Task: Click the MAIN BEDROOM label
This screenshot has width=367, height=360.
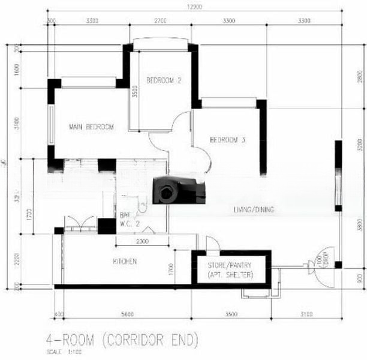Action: (x=91, y=127)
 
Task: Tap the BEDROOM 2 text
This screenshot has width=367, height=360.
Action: (x=164, y=80)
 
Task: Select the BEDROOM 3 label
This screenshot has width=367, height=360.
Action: (x=227, y=140)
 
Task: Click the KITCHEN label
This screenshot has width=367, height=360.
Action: (x=125, y=262)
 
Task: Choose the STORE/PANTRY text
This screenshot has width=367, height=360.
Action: (x=231, y=265)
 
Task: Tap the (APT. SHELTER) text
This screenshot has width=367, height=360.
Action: (x=231, y=275)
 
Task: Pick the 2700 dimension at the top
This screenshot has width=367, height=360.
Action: (x=161, y=20)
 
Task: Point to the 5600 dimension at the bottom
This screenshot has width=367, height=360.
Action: (x=126, y=314)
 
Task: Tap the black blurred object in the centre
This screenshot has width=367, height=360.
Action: (x=178, y=191)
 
